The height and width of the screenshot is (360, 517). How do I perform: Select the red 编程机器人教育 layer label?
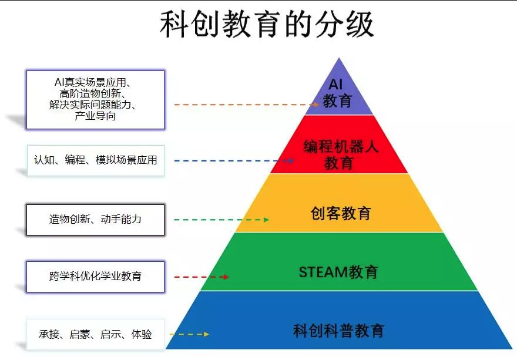(340, 154)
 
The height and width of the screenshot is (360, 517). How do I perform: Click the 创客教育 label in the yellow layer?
(341, 213)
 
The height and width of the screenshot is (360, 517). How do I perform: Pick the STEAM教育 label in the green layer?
(338, 272)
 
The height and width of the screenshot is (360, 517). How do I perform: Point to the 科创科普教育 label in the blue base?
(338, 330)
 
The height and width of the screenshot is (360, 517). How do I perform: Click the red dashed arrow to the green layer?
(201, 277)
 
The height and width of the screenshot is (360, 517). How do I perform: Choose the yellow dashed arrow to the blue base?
(189, 334)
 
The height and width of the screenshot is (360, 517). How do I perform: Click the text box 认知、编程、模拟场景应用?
(95, 160)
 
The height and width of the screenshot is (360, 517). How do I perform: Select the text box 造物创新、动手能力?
(95, 219)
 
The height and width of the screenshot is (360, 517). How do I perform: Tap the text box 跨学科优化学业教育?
(95, 276)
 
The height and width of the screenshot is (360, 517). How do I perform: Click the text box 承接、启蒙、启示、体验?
(95, 334)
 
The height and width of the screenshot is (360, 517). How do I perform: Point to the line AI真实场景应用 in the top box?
(95, 82)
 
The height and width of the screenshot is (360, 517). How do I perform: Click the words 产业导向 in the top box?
(95, 116)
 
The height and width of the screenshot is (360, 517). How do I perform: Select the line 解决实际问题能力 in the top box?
(95, 105)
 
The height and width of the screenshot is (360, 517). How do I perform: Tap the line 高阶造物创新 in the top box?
(95, 94)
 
